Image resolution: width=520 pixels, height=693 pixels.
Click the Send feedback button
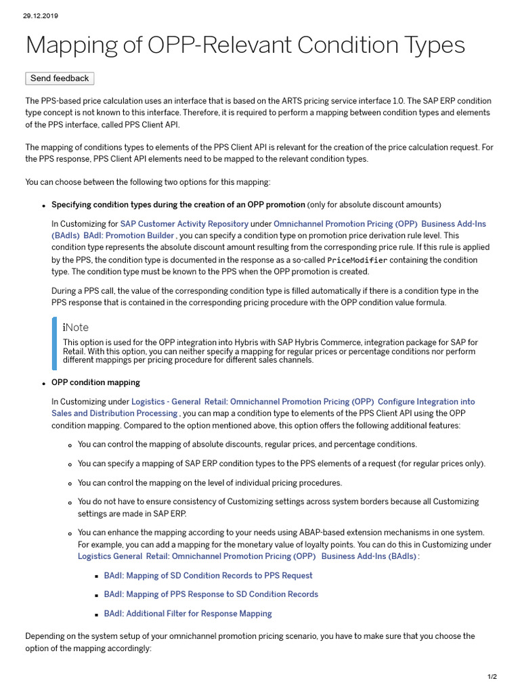pyautogui.click(x=60, y=79)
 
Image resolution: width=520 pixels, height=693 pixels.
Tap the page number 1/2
pyautogui.click(x=492, y=677)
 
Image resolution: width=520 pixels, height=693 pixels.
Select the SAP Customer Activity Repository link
pyautogui.click(x=184, y=223)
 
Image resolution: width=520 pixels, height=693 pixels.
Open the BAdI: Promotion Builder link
pyautogui.click(x=129, y=236)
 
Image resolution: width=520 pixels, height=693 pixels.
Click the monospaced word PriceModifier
pyautogui.click(x=357, y=260)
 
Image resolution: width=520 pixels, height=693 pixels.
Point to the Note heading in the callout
pyautogui.click(x=76, y=328)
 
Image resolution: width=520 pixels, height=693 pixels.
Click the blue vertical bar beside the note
pyautogui.click(x=55, y=343)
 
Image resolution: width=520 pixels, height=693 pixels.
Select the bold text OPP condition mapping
pyautogui.click(x=95, y=382)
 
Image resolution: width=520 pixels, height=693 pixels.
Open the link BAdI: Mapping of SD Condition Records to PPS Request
pyautogui.click(x=208, y=575)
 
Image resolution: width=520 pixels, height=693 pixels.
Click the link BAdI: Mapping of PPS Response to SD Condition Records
pyautogui.click(x=211, y=594)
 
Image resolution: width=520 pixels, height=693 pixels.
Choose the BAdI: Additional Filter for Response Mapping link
pyautogui.click(x=188, y=613)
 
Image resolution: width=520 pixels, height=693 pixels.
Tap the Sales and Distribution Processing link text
pyautogui.click(x=114, y=413)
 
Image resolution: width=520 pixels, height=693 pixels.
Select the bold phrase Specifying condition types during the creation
pyautogui.click(x=178, y=204)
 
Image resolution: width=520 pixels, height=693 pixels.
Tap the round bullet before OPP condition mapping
pyautogui.click(x=43, y=383)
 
